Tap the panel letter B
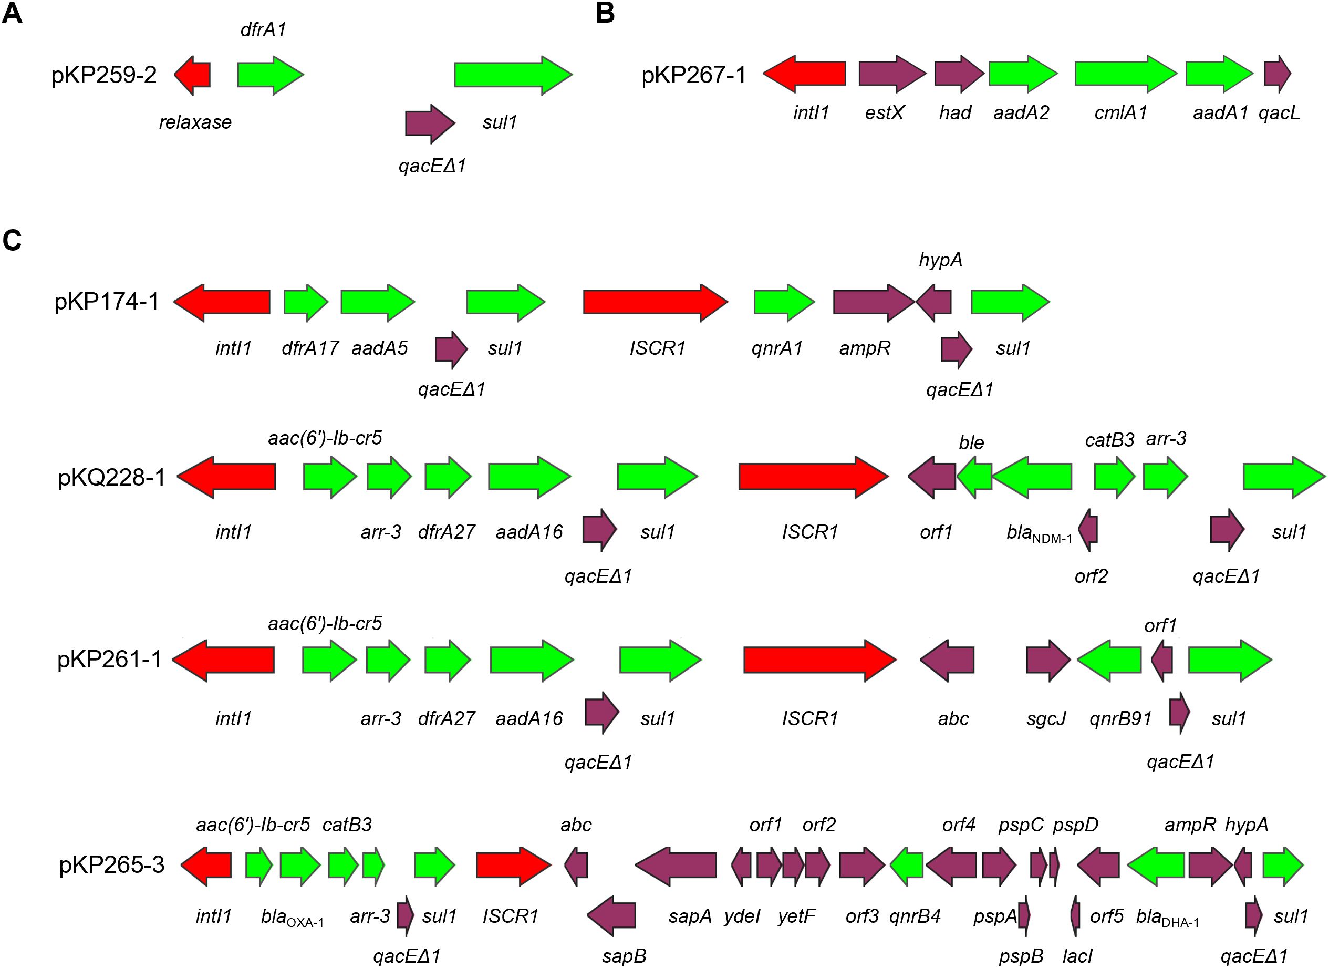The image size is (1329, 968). [605, 14]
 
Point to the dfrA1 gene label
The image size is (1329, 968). [263, 29]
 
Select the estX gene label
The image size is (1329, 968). [884, 112]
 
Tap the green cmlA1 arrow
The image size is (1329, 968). [1125, 74]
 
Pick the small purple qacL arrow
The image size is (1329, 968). [1276, 74]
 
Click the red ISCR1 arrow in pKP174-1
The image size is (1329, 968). [655, 303]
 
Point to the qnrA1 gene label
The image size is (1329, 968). [777, 348]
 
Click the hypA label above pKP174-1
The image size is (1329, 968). [940, 260]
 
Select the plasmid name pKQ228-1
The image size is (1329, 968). [112, 477]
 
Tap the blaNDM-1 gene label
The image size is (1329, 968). [1039, 533]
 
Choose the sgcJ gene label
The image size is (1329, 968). [1046, 718]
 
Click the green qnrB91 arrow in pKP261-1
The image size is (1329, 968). [1109, 660]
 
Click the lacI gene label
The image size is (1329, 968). [1077, 956]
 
